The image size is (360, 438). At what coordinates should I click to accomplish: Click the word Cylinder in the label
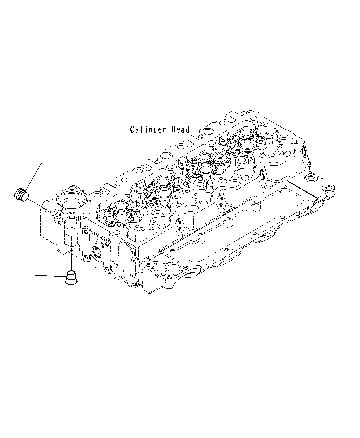point(149,130)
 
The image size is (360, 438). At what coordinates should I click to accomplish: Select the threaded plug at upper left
point(21,194)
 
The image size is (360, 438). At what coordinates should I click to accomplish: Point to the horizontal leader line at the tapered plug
point(50,275)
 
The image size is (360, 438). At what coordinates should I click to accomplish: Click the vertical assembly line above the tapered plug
point(72,257)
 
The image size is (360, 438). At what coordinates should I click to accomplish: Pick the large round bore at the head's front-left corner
point(71,201)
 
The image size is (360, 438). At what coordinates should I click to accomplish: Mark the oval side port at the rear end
point(304,151)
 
